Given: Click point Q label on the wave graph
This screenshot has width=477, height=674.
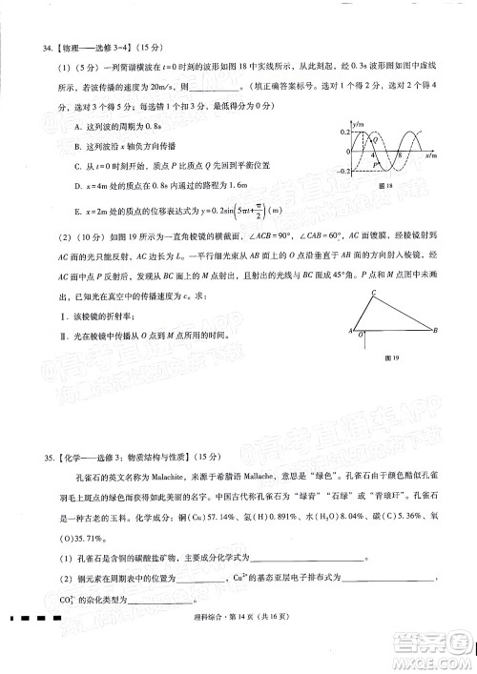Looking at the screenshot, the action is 375,139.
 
